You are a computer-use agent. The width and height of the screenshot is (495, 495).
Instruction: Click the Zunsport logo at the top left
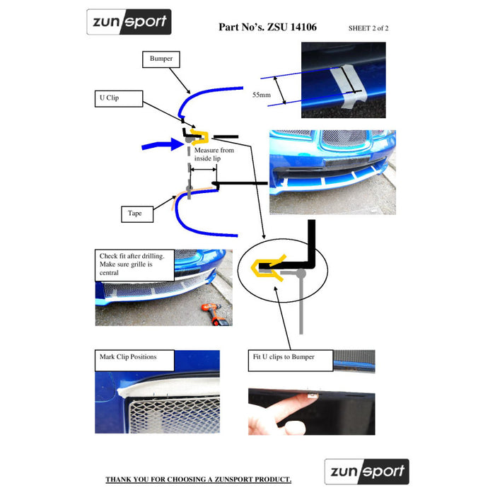(x=129, y=22)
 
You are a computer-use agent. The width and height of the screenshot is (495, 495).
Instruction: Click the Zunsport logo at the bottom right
(x=366, y=472)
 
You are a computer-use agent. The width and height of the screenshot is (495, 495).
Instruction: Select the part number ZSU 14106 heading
(x=267, y=28)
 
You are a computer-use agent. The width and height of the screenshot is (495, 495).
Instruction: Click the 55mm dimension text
(x=260, y=94)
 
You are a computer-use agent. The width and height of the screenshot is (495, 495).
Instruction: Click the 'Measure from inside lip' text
(x=214, y=155)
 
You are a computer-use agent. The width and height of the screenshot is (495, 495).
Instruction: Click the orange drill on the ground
(x=213, y=313)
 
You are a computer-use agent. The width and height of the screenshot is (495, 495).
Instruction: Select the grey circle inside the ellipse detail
(x=301, y=272)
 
